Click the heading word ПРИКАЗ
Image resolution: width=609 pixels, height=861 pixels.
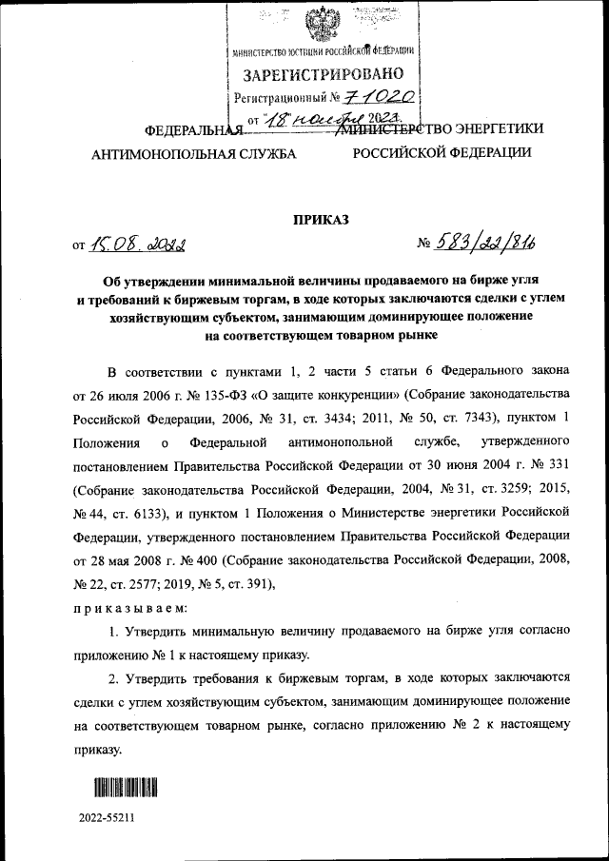321,220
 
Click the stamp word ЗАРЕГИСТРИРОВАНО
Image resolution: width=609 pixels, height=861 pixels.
324,74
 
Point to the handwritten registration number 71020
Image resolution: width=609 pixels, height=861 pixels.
377,96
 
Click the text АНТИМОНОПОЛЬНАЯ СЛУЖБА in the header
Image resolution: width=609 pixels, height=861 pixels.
193,152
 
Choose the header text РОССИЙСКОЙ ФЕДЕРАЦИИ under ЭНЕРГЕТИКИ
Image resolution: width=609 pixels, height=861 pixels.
442,152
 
